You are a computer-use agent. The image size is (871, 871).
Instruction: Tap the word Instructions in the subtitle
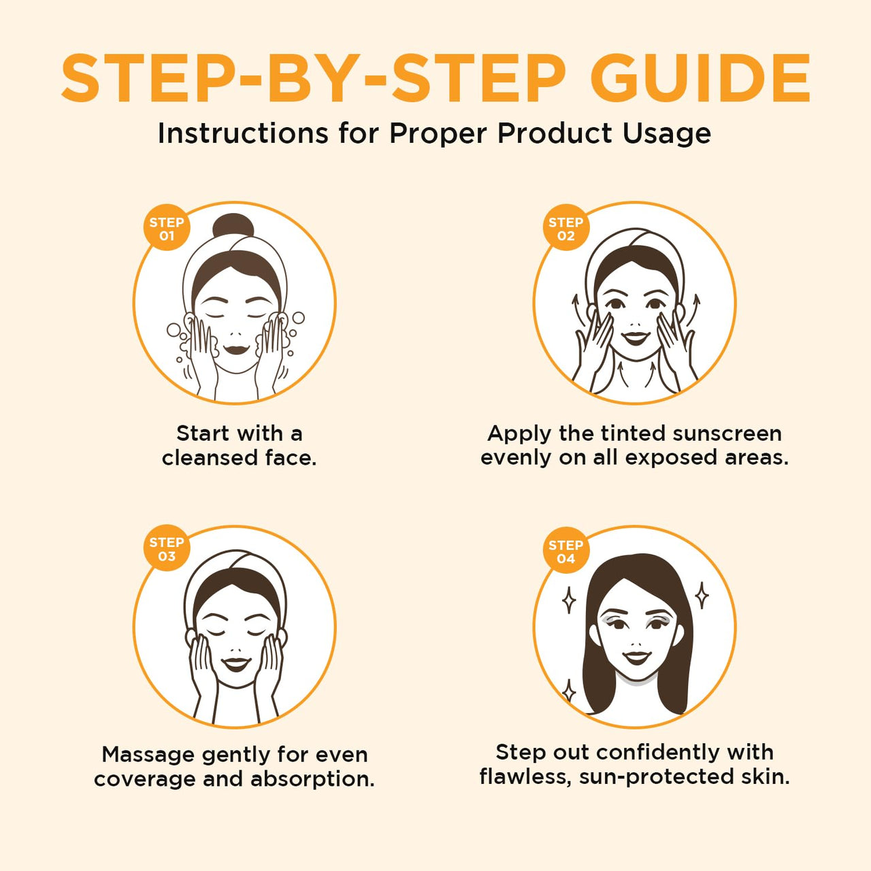click(242, 133)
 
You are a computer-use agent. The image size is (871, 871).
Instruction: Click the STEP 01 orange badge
click(167, 229)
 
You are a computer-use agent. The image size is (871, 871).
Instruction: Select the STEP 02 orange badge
click(565, 229)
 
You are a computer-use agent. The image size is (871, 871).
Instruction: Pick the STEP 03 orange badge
click(167, 549)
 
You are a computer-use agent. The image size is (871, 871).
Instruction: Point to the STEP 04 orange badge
click(565, 551)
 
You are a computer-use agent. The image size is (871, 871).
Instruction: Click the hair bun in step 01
click(233, 225)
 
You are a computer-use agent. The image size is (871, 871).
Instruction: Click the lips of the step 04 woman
click(637, 657)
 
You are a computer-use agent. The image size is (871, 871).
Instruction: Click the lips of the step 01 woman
click(235, 349)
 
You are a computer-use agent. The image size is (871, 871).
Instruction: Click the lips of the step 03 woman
click(236, 663)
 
